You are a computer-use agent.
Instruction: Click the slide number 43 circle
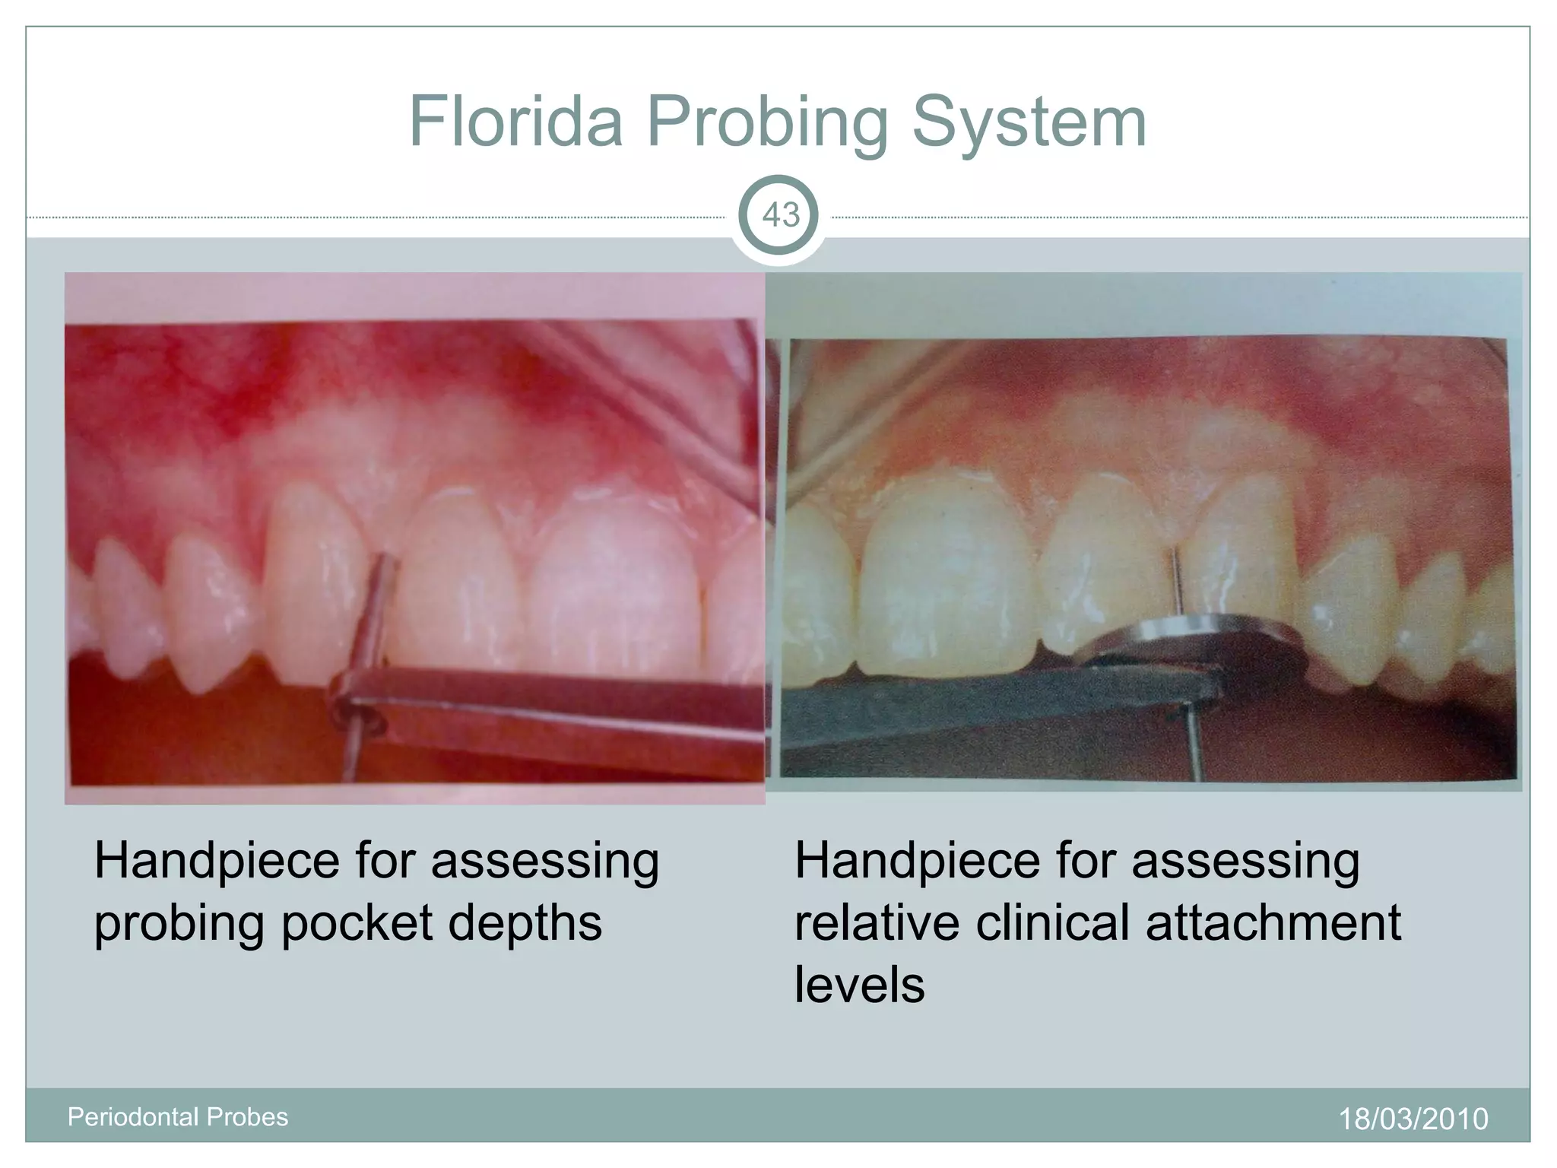click(780, 216)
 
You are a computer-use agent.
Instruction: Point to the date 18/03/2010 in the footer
click(1413, 1119)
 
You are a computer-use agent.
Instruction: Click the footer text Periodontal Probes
click(178, 1117)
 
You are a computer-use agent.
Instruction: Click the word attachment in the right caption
click(1273, 922)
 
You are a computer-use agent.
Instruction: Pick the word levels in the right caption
click(859, 985)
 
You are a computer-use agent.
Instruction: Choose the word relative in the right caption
click(877, 922)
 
